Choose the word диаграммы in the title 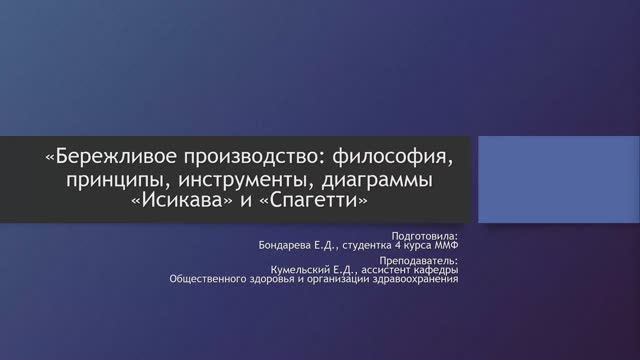(380, 180)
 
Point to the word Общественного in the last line (212, 281)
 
